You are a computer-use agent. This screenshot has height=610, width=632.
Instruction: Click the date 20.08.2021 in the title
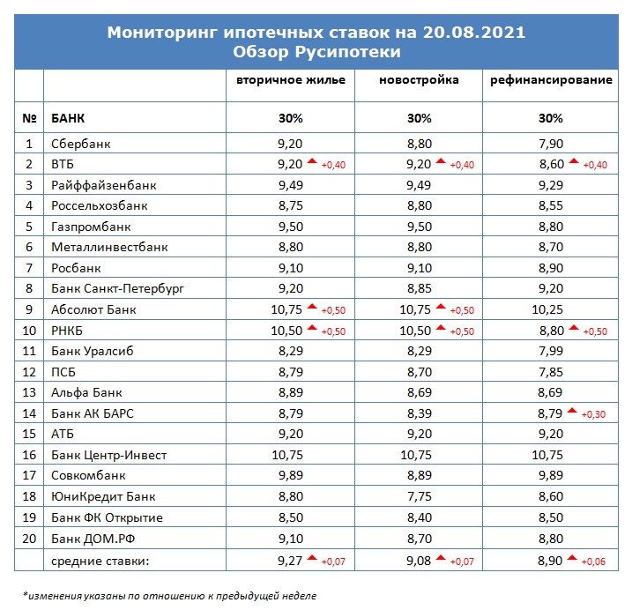click(474, 33)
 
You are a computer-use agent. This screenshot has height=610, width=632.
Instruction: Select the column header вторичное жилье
click(291, 80)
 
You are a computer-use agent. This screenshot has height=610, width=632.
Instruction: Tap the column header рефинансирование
click(551, 80)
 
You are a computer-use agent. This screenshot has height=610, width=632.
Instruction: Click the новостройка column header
click(419, 80)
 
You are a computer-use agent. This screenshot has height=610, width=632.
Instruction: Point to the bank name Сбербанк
click(80, 144)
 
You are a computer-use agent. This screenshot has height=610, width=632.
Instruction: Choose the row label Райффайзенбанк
click(104, 185)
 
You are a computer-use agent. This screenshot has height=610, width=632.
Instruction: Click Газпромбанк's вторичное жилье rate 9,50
click(290, 227)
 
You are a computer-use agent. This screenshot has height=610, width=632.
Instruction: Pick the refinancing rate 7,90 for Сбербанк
click(551, 144)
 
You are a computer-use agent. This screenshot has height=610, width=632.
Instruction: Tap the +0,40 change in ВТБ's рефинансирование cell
click(595, 165)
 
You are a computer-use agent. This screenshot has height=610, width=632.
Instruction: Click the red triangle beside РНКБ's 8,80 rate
click(574, 328)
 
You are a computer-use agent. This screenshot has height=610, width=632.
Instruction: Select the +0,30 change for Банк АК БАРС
click(593, 414)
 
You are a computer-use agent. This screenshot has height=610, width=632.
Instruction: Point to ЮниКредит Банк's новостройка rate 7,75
click(420, 496)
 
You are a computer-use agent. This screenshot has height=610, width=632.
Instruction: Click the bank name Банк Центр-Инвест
click(108, 455)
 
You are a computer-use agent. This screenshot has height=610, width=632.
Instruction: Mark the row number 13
click(29, 392)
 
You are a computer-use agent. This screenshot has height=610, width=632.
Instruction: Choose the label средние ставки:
click(100, 561)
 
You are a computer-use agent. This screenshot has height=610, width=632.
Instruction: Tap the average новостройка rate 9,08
click(419, 561)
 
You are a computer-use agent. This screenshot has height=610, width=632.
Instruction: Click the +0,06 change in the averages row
click(593, 562)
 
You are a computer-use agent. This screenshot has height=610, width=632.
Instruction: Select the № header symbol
click(29, 118)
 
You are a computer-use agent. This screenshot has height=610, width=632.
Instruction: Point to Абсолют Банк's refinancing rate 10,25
click(547, 309)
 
